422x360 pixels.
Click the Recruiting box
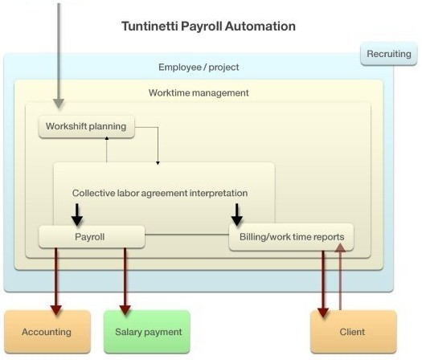[x=388, y=54]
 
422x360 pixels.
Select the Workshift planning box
[x=86, y=126]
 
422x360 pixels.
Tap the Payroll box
[x=92, y=237]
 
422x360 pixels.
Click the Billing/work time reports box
[x=291, y=237]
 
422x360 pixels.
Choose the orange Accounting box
[x=47, y=332]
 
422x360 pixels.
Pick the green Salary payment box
[x=147, y=332]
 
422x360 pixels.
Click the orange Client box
[x=354, y=332]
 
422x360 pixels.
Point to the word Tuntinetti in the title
[x=149, y=27]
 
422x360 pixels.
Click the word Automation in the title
[x=260, y=27]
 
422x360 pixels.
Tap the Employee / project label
[x=199, y=67]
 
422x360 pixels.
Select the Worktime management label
[x=199, y=93]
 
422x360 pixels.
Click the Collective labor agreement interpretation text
[x=160, y=193]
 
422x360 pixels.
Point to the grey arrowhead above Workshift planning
[x=59, y=104]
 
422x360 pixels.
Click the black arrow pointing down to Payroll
[x=77, y=215]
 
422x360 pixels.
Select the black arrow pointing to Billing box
[x=237, y=215]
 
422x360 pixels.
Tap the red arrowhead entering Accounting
[x=56, y=310]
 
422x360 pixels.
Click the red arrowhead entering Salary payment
[x=125, y=310]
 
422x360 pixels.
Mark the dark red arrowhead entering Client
[x=323, y=313]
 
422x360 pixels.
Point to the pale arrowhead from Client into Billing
[x=341, y=247]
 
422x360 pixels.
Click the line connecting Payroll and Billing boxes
[x=186, y=235]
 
